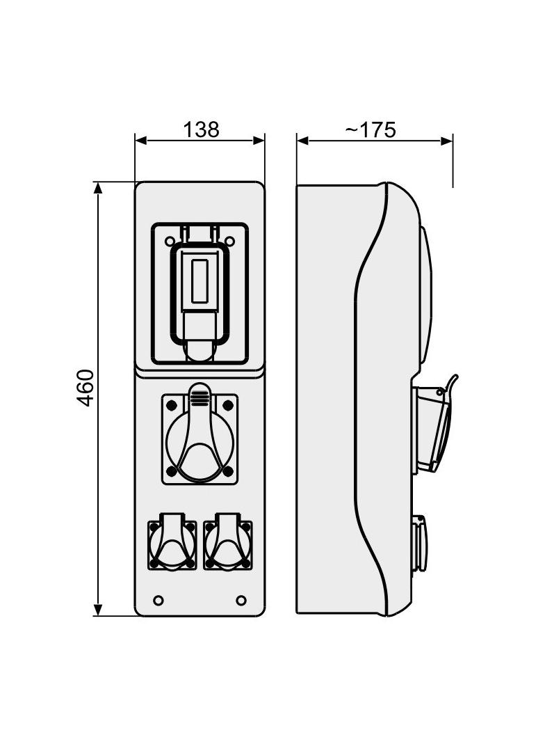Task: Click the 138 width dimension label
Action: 201,129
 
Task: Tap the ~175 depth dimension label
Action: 370,129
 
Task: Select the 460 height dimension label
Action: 86,388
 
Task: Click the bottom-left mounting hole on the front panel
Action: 158,600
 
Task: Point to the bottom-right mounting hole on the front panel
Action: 241,600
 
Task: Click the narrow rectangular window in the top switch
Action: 200,281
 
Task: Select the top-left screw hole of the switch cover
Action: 169,242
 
